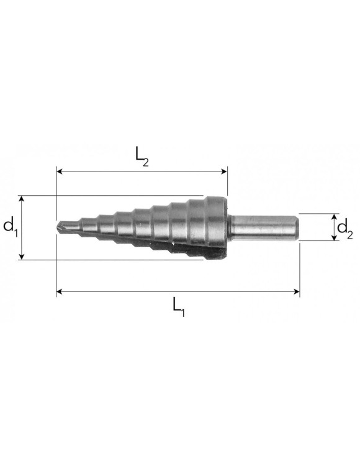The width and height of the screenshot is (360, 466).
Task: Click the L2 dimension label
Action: [x=142, y=156]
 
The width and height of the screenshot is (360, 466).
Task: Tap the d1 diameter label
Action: [x=10, y=227]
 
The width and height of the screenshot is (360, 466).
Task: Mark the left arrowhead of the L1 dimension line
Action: [x=60, y=290]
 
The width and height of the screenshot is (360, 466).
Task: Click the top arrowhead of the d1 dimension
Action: [x=22, y=199]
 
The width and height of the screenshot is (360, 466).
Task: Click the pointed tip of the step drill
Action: [x=58, y=226]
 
